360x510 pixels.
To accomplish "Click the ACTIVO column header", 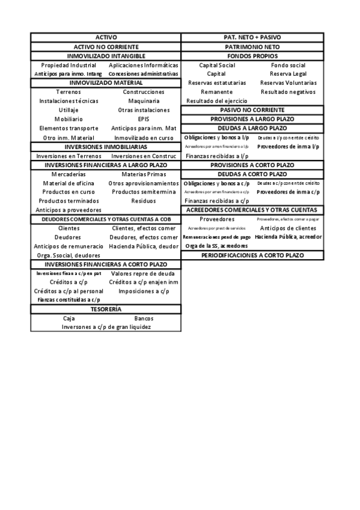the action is [x=106, y=37].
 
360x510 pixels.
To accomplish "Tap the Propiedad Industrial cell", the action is [x=69, y=65].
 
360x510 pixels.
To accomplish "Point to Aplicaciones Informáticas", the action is [x=143, y=65].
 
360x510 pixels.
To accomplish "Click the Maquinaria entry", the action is [x=143, y=101].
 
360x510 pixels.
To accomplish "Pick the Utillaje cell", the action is [x=69, y=110].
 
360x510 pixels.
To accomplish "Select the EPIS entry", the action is [x=143, y=119].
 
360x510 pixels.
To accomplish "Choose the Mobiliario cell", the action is [x=69, y=119].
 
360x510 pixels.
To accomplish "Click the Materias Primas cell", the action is [x=143, y=174].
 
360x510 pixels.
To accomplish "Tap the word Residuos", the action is [x=143, y=201].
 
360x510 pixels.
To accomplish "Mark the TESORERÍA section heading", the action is [x=106, y=309].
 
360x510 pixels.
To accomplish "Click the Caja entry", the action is [x=69, y=318].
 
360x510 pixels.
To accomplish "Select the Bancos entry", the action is [x=143, y=318].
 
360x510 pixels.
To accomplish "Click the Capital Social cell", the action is [x=217, y=65].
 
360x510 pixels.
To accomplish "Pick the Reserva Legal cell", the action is [x=288, y=74].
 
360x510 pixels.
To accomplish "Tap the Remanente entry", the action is [x=217, y=92].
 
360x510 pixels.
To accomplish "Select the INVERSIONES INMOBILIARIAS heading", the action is [x=106, y=147].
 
